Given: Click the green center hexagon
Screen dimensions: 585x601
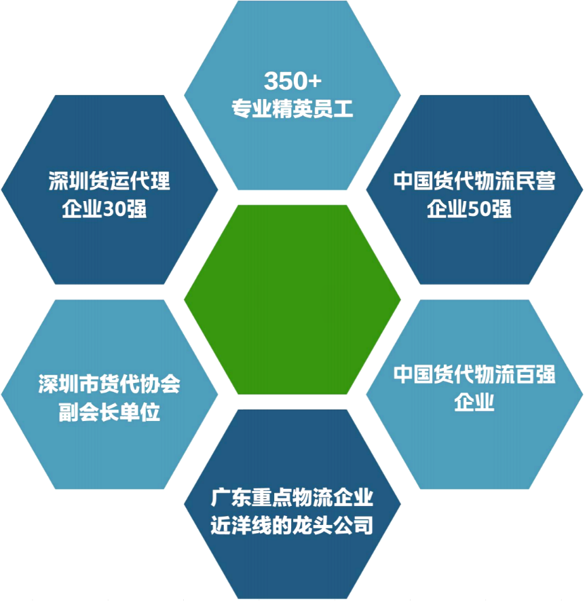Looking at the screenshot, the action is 292,299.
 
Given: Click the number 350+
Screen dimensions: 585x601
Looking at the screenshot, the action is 292,81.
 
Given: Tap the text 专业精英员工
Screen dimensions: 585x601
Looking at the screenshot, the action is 292,109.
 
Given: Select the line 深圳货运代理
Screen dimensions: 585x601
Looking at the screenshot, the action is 109,181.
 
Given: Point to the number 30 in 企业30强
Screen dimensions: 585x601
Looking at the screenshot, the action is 114,209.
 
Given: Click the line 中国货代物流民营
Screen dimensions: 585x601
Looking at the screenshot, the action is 474,181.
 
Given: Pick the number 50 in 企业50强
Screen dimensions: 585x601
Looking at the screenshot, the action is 479,209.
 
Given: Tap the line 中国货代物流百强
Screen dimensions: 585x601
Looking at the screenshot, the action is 474,374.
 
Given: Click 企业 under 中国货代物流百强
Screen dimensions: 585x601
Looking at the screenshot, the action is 474,402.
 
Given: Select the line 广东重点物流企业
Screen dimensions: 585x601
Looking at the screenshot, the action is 292,497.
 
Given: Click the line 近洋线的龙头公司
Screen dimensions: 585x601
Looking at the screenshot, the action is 292,525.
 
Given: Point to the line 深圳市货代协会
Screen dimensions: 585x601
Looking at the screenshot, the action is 109,384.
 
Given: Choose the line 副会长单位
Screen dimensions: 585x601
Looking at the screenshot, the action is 109,412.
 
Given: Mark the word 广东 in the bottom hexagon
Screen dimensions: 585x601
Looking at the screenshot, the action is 231,497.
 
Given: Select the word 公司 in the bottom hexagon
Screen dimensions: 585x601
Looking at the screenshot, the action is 353,525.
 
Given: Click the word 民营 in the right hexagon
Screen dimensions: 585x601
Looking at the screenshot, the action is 535,181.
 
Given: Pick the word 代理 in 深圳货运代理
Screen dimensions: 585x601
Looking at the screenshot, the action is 150,181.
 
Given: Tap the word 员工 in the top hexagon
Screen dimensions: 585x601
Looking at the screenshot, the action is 333,109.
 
